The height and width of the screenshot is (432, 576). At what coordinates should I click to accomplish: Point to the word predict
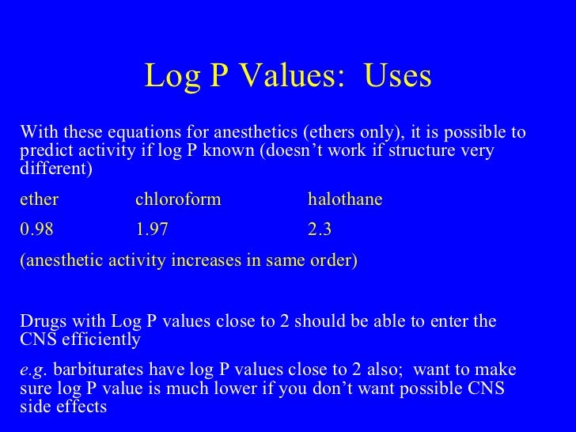click(x=44, y=150)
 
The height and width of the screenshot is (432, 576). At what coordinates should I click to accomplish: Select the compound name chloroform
click(x=178, y=200)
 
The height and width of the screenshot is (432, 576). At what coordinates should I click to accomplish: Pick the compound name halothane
click(x=345, y=200)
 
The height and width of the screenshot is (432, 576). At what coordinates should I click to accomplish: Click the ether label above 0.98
click(x=39, y=200)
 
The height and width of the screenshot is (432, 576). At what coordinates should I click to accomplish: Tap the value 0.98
click(x=36, y=231)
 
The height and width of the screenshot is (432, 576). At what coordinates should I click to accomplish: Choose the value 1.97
click(x=152, y=231)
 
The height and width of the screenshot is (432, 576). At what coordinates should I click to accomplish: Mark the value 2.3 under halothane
click(x=320, y=231)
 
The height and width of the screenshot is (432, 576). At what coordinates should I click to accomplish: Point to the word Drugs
click(x=43, y=322)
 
